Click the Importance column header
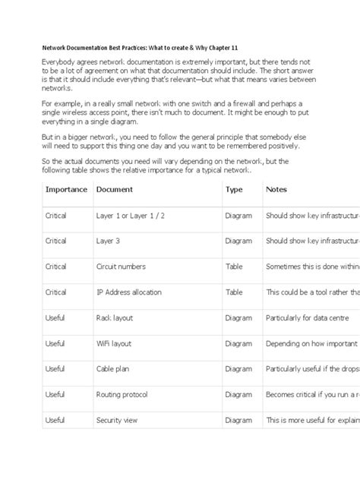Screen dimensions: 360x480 click(x=66, y=189)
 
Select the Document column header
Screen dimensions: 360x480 click(x=115, y=189)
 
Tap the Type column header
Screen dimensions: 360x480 click(x=234, y=189)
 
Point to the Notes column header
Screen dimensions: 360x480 click(x=276, y=189)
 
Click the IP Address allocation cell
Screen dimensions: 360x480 click(x=131, y=292)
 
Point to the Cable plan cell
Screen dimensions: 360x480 click(x=115, y=368)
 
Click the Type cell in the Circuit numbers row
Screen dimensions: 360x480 click(x=234, y=267)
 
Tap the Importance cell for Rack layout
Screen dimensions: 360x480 click(x=55, y=317)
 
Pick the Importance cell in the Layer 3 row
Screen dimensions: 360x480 click(x=55, y=241)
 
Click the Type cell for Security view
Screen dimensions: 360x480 click(x=238, y=419)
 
